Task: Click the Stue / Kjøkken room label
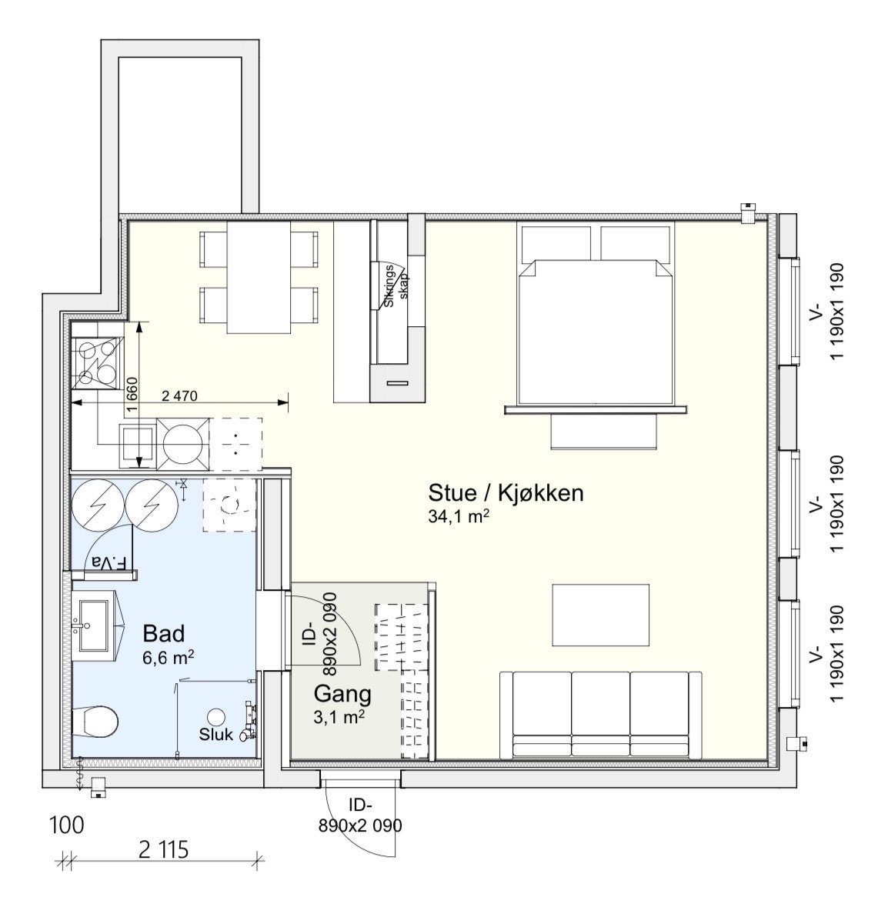tap(506, 493)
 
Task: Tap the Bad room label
tap(164, 633)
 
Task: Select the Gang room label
tap(342, 695)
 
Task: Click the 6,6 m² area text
tap(169, 658)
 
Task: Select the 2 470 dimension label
tap(179, 396)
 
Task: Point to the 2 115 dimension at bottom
tap(164, 850)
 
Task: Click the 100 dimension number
tap(67, 825)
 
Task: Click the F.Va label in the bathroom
tap(109, 563)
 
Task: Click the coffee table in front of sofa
tap(601, 615)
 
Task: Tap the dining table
tap(259, 277)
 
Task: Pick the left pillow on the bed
tap(556, 243)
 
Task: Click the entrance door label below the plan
tap(359, 815)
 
